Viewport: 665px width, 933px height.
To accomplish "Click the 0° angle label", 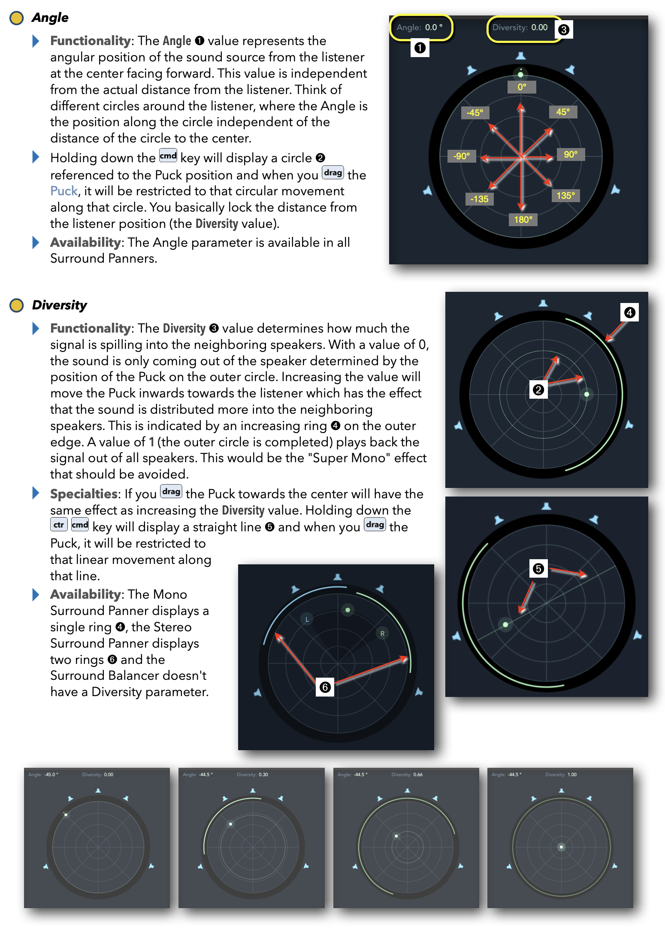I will pos(522,87).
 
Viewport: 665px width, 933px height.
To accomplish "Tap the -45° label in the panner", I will pos(475,113).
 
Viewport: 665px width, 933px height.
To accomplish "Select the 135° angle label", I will pos(565,196).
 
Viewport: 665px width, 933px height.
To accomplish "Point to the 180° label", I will pos(523,220).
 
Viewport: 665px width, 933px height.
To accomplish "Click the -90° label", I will pos(462,156).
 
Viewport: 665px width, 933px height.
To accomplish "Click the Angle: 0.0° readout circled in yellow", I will pos(420,27).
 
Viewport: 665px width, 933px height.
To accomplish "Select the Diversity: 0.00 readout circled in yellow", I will pos(520,27).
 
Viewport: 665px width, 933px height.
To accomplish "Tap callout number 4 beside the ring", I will pos(629,312).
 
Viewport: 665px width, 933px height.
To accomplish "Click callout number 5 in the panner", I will pos(538,569).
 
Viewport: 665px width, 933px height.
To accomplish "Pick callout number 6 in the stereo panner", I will pos(325,687).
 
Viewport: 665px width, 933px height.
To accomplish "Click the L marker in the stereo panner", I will pos(307,619).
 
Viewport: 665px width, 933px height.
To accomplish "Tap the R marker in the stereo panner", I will pos(382,633).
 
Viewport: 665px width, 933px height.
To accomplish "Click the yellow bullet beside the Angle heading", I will pos(17,18).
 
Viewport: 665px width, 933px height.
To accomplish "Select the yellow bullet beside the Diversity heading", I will pos(17,306).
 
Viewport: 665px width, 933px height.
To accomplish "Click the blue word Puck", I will pos(63,191).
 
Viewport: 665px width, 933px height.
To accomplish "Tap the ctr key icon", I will pos(59,524).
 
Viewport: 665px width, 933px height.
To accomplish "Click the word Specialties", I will pos(84,494).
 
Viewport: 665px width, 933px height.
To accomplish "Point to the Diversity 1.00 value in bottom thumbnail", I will pos(571,775).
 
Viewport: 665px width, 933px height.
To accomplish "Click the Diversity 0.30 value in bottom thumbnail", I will pos(263,775).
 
